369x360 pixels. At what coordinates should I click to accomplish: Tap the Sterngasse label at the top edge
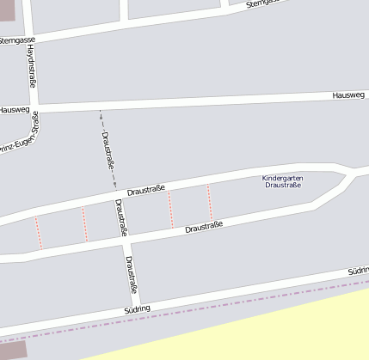(x=263, y=3)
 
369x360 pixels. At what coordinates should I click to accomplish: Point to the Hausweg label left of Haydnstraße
(x=14, y=110)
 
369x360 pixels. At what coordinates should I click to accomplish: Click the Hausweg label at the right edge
(x=348, y=95)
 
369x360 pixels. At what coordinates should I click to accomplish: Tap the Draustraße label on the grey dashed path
(x=109, y=150)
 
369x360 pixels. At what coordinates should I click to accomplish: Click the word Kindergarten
(x=283, y=178)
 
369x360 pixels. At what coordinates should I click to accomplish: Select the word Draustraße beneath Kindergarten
(x=283, y=186)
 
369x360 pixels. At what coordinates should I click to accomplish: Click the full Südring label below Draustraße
(x=137, y=308)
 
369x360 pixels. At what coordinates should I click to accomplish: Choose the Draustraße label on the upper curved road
(x=145, y=190)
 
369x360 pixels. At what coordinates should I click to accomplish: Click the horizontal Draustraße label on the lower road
(x=204, y=227)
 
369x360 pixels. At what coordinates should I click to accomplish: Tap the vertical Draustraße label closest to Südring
(x=131, y=273)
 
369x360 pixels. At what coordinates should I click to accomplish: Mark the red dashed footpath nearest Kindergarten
(x=209, y=202)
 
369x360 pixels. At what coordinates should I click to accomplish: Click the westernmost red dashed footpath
(x=38, y=232)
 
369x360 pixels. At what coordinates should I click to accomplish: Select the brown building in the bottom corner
(x=12, y=350)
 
